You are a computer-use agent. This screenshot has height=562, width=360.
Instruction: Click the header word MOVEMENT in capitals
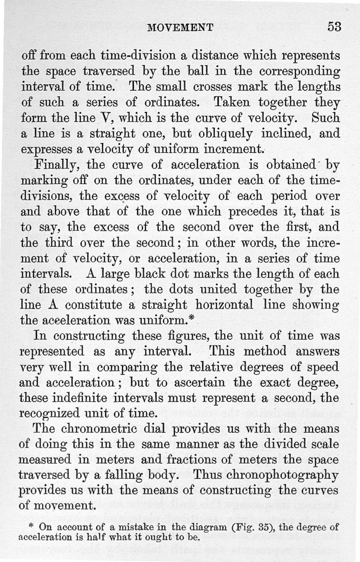point(180,28)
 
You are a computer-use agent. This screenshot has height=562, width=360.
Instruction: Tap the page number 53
point(334,27)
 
